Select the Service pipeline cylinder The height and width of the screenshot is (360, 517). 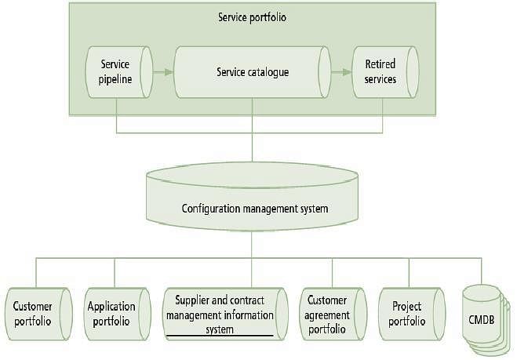pos(115,72)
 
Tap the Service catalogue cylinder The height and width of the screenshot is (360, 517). pos(252,72)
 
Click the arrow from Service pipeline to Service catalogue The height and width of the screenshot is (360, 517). pos(162,72)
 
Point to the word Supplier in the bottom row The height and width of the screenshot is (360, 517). pos(193,301)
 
